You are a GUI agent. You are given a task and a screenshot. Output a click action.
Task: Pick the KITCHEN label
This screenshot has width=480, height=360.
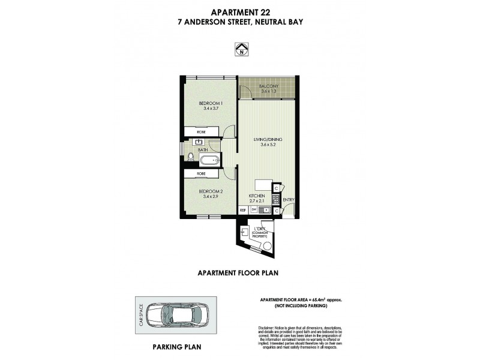(257, 196)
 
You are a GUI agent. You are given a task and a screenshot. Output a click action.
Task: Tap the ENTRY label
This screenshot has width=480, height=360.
(288, 199)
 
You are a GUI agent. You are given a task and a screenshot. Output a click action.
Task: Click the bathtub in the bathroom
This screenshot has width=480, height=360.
(210, 160)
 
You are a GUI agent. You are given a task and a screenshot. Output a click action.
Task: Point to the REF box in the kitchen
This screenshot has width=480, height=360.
(244, 210)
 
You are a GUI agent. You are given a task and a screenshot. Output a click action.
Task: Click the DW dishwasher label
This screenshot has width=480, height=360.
(254, 210)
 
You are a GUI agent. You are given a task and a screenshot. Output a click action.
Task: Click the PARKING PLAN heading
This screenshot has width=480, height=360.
(177, 347)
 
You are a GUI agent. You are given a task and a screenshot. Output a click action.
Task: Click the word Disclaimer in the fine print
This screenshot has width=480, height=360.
(268, 328)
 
